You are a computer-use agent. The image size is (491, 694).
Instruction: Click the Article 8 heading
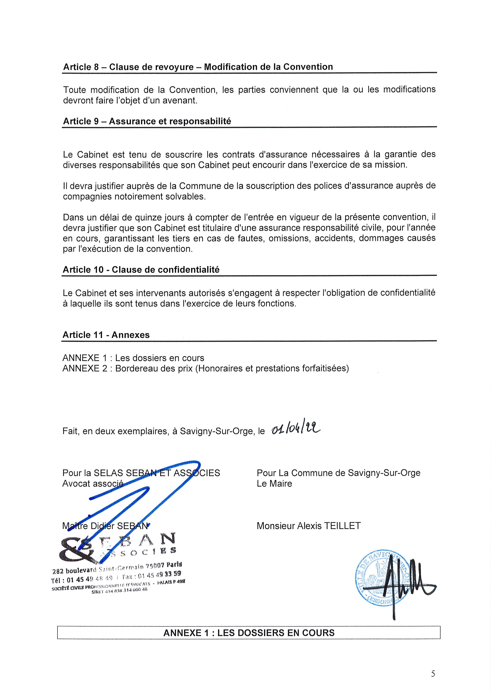point(198,67)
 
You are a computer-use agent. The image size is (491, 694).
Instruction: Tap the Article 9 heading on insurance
point(147,121)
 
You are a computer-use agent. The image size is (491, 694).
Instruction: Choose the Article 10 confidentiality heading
point(141,270)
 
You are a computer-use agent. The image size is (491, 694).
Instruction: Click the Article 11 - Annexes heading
point(106,335)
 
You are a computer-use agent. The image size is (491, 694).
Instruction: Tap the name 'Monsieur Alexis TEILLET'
point(309,526)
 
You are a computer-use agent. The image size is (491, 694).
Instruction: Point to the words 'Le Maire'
point(274,484)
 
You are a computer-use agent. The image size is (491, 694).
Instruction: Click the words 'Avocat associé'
point(93,484)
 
